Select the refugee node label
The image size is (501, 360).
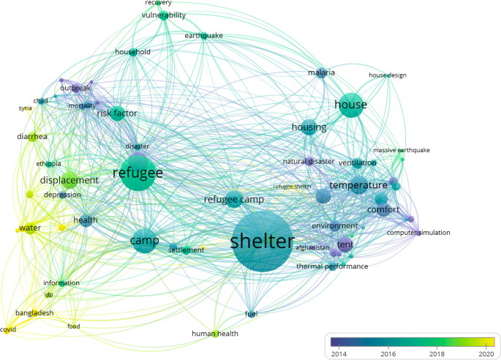pyautogui.click(x=137, y=173)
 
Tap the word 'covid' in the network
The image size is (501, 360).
pyautogui.click(x=8, y=330)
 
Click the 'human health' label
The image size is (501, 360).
pyautogui.click(x=215, y=334)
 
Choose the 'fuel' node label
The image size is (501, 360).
pyautogui.click(x=251, y=314)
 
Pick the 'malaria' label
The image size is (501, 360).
pyautogui.click(x=321, y=72)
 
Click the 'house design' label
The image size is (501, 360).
pyautogui.click(x=387, y=75)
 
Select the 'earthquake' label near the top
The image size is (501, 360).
pyautogui.click(x=203, y=35)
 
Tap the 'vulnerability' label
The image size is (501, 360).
pyautogui.click(x=164, y=15)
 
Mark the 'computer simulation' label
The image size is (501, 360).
pyautogui.click(x=418, y=233)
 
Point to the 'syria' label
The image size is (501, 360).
pyautogui.click(x=26, y=108)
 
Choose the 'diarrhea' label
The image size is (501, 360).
pyautogui.click(x=32, y=136)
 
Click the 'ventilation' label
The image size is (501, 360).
pyautogui.click(x=357, y=162)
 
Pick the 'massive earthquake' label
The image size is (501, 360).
pyautogui.click(x=402, y=150)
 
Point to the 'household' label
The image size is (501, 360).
pyautogui.click(x=132, y=52)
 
